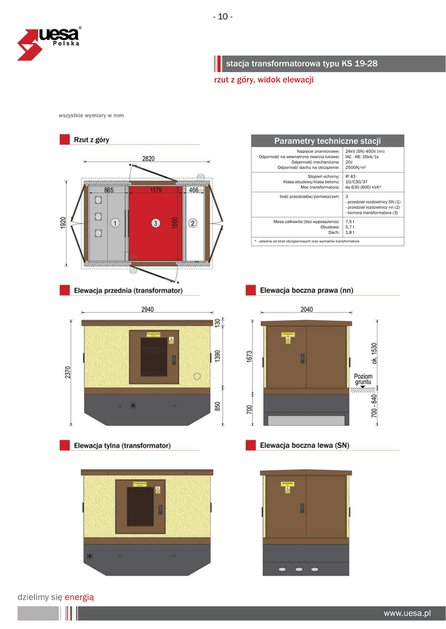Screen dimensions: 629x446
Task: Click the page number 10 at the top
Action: click(223, 17)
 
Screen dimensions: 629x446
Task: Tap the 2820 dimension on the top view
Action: click(148, 158)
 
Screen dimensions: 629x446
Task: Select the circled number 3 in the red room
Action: click(156, 224)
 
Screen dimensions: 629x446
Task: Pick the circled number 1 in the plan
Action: click(116, 224)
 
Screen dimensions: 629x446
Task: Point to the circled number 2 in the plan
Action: click(193, 224)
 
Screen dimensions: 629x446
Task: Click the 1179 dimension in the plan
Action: click(156, 190)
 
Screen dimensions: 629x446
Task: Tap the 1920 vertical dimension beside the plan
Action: click(63, 224)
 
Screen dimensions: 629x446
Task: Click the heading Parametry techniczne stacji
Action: click(327, 141)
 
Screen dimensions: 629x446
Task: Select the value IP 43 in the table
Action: click(351, 176)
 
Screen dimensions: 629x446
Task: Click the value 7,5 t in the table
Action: click(350, 221)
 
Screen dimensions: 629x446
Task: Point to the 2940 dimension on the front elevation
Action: click(148, 310)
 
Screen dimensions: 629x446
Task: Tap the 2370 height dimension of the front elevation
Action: click(70, 372)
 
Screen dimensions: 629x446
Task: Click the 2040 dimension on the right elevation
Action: click(306, 310)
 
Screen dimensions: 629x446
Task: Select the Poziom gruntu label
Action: click(363, 379)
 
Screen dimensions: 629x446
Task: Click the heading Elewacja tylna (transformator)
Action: click(122, 445)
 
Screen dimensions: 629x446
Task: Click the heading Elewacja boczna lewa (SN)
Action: click(305, 445)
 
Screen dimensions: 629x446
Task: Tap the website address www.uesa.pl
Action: click(407, 613)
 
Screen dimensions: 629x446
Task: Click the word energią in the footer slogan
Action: click(79, 596)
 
